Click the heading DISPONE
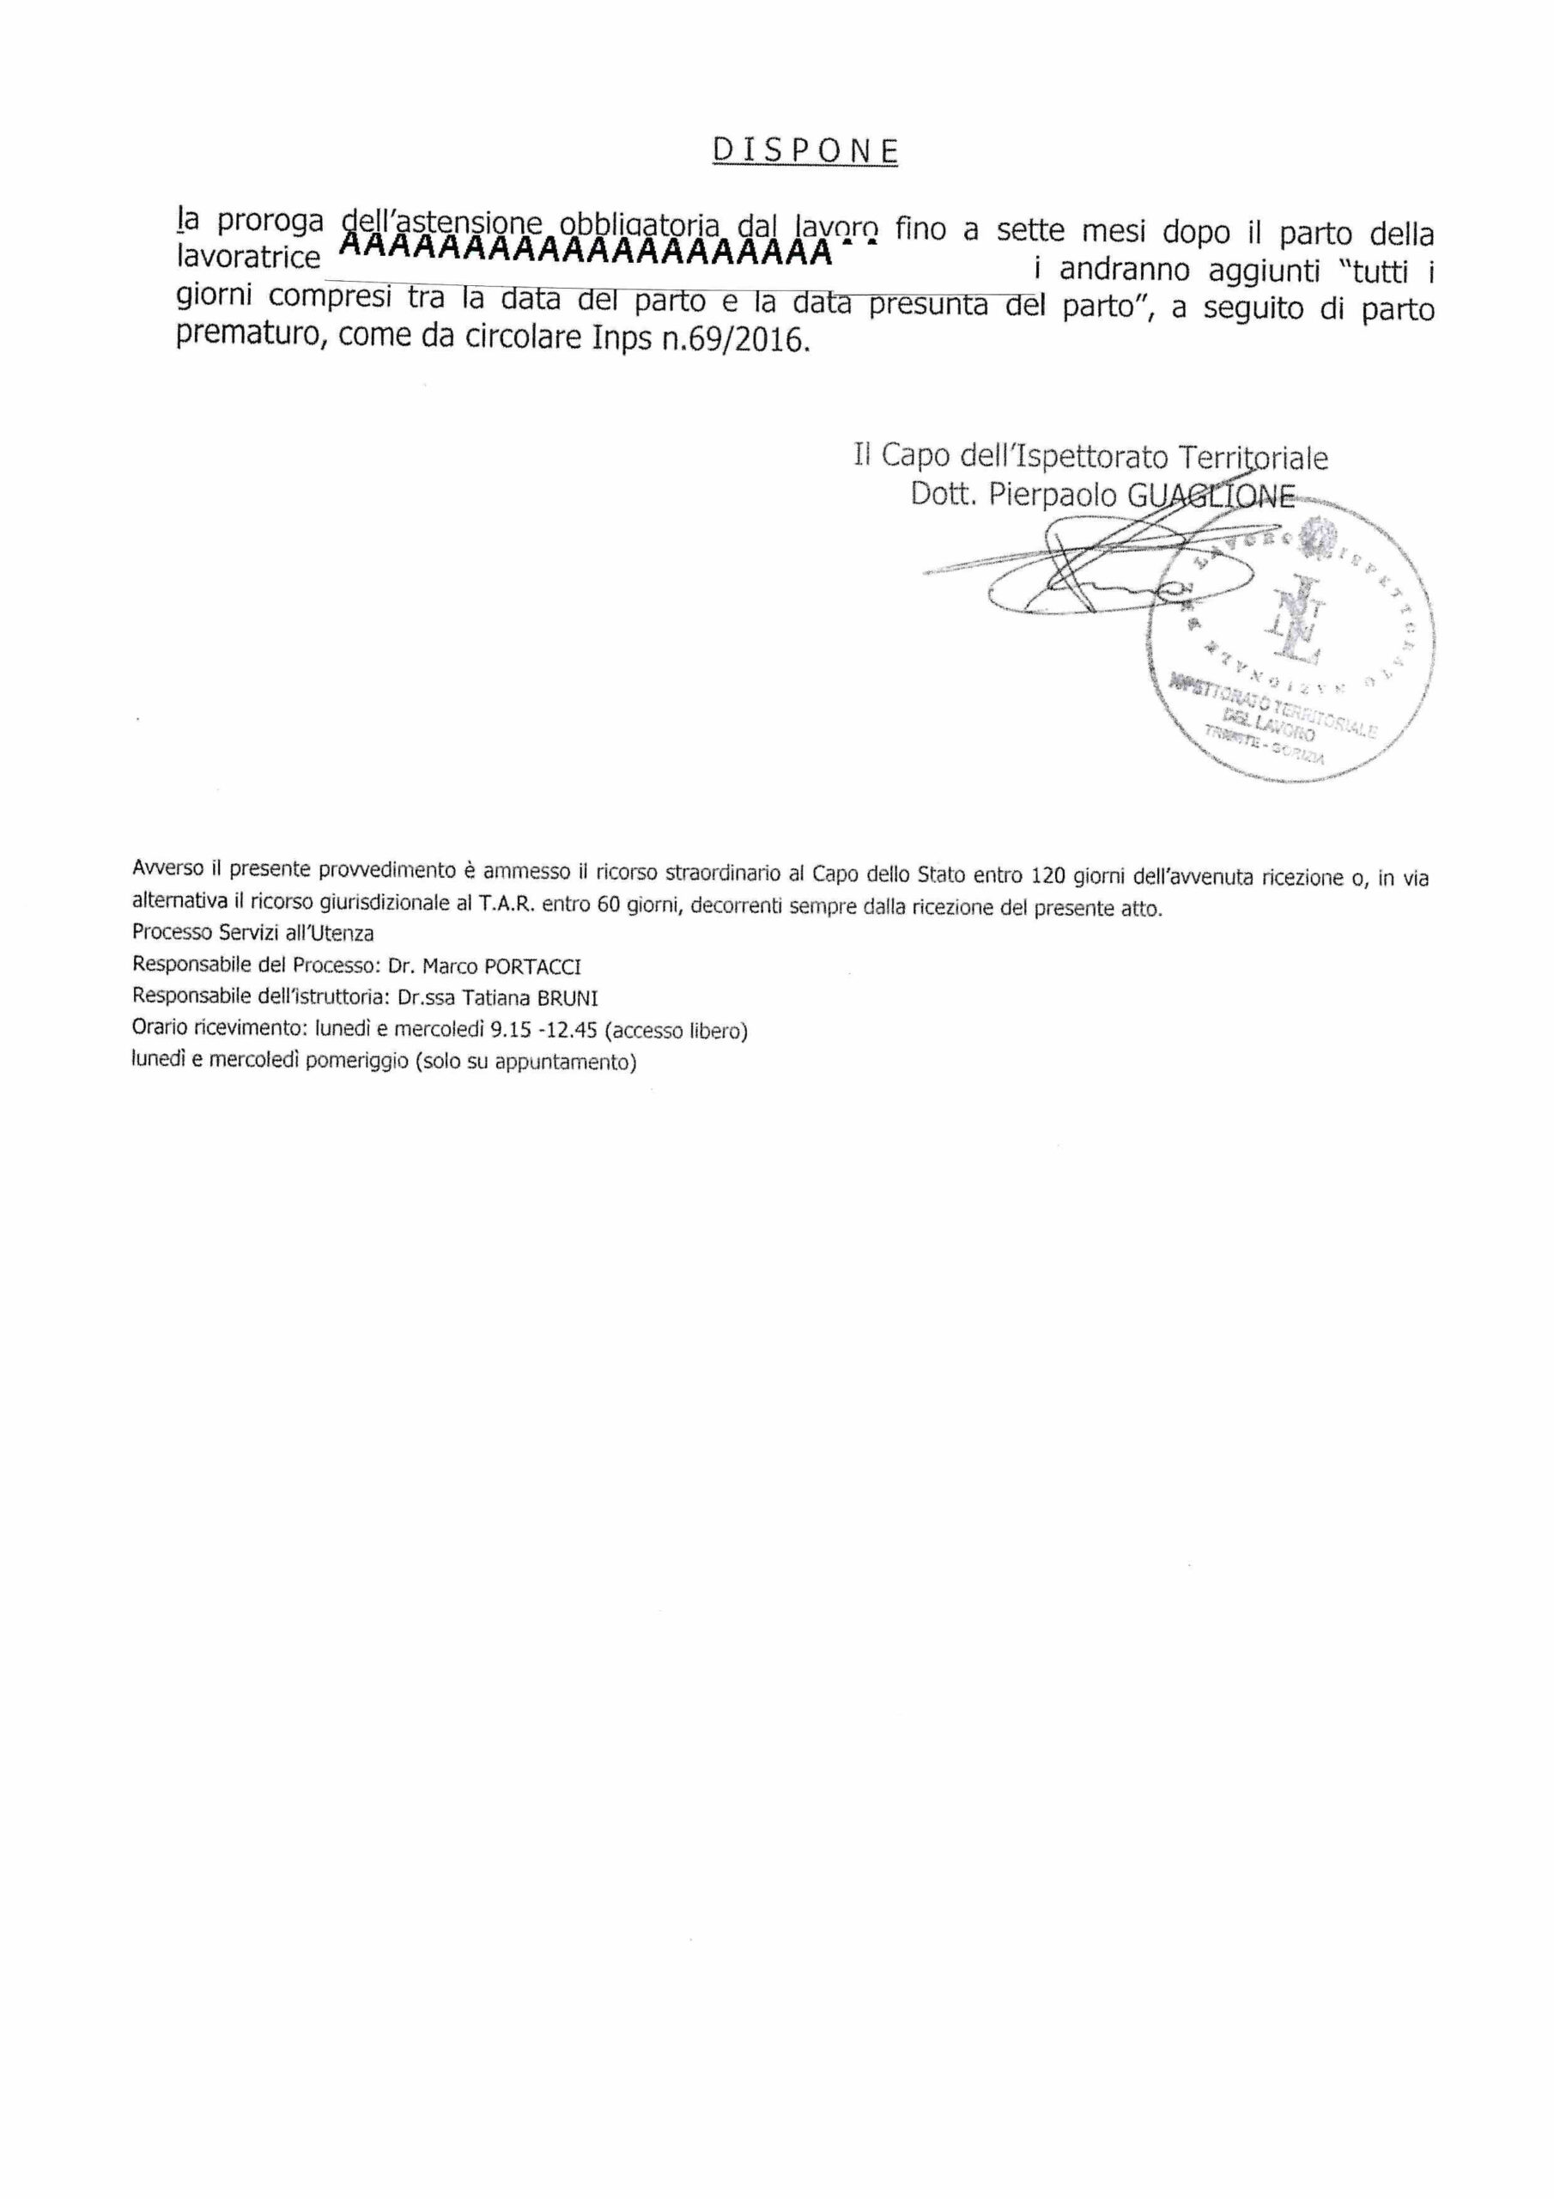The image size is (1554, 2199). pyautogui.click(x=805, y=150)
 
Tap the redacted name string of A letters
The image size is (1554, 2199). pyautogui.click(x=586, y=251)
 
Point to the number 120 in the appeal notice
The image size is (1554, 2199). pyautogui.click(x=1047, y=874)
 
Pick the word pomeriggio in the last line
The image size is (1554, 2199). pyautogui.click(x=356, y=1063)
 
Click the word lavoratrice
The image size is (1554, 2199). pyautogui.click(x=249, y=259)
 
